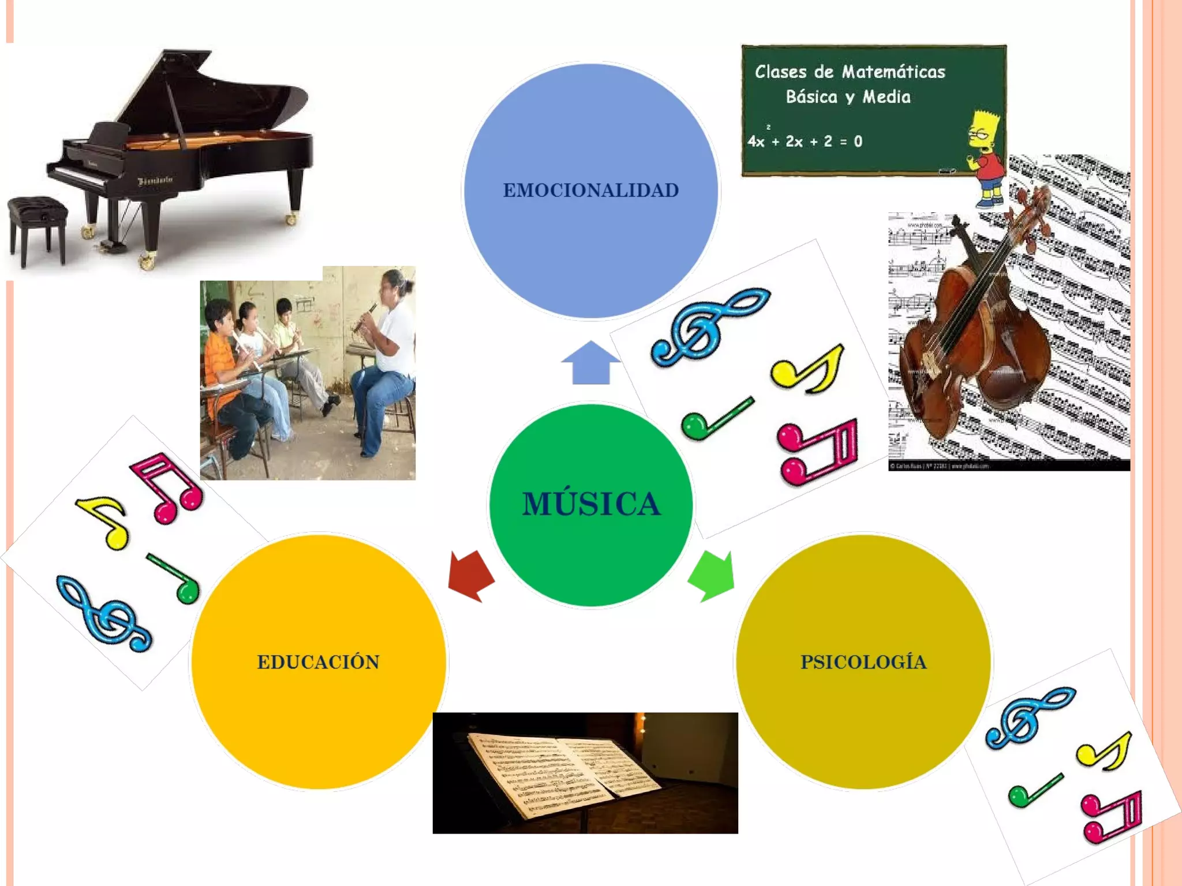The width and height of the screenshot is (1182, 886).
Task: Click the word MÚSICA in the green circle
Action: tap(591, 504)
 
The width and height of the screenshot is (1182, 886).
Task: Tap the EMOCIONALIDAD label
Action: tap(590, 190)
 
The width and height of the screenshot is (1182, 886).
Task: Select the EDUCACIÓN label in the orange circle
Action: tap(318, 662)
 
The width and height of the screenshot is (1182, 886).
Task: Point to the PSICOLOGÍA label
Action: tap(863, 662)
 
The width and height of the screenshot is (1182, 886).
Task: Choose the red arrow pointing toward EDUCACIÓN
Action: tap(470, 576)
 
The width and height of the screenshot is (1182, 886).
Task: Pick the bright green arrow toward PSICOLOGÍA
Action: tap(713, 576)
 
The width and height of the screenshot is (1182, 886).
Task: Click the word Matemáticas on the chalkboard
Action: tap(893, 72)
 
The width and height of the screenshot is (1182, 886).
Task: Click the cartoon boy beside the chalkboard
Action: tap(987, 156)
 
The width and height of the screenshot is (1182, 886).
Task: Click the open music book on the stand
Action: tap(563, 773)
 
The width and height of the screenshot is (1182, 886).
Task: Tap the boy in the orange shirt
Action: tap(222, 358)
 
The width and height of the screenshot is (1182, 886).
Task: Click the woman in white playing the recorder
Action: tap(387, 346)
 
